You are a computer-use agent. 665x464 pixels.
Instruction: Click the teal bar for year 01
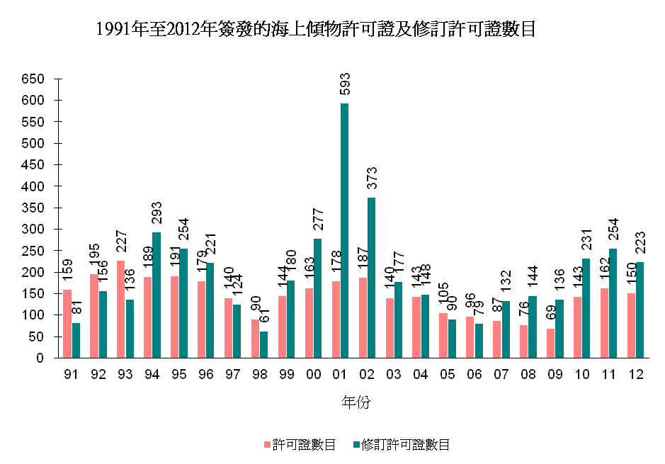[x=344, y=230]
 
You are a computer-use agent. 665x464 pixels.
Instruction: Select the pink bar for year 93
[x=120, y=309]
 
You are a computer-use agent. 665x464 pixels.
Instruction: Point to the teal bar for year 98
[x=263, y=344]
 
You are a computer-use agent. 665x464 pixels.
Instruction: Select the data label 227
[x=120, y=242]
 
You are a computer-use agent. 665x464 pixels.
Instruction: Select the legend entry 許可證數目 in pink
[x=304, y=445]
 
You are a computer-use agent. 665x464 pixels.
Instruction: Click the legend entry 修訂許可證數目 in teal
[x=404, y=445]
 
